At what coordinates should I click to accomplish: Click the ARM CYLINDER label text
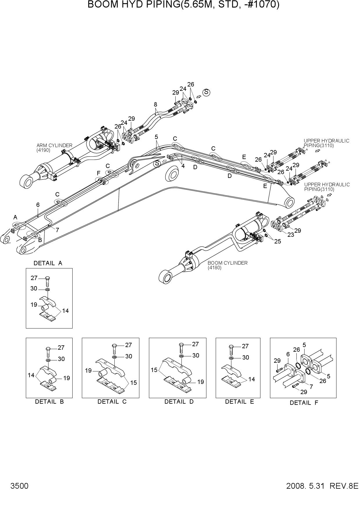pos(54,145)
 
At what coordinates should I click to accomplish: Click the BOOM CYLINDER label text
pos(228,263)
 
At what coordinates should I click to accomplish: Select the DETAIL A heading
pos(48,263)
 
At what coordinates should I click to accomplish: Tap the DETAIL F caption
pos(304,403)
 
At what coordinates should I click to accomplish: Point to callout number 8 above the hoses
pos(156,104)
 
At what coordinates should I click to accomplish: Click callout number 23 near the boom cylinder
pos(291,235)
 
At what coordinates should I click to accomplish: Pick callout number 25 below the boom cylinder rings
pos(278,241)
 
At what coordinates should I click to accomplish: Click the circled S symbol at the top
pos(206,92)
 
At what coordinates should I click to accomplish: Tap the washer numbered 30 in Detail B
pos(48,360)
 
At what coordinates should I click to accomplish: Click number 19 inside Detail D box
pos(201,382)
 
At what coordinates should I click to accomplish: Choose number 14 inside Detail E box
pos(251,379)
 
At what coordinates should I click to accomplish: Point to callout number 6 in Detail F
pos(288,354)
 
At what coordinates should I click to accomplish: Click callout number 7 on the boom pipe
pos(57,230)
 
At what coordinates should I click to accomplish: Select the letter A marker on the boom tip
pos(15,217)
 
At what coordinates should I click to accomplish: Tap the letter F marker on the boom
pos(98,173)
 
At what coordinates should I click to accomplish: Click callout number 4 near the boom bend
pos(183,166)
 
